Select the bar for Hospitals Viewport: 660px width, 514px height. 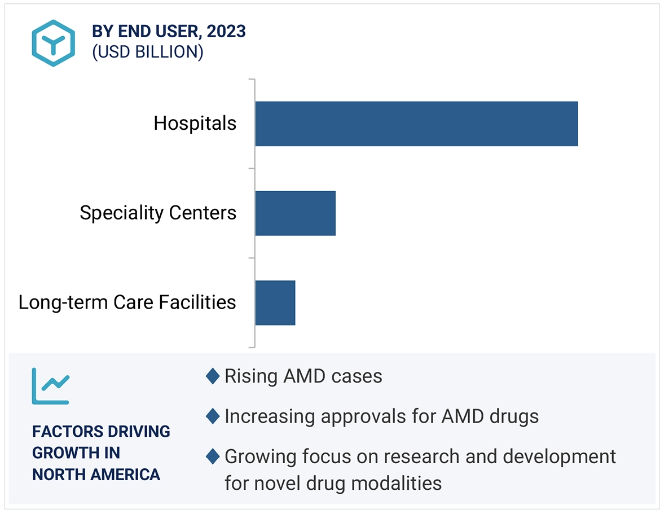click(416, 124)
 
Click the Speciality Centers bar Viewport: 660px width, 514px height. click(295, 213)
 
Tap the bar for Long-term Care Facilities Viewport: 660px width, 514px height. click(275, 302)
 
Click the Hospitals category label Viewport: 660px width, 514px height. click(195, 123)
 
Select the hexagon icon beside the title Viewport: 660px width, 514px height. click(53, 43)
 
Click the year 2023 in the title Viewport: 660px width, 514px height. click(226, 32)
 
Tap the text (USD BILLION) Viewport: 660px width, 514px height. click(147, 52)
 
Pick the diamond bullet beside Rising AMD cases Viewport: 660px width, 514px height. click(213, 376)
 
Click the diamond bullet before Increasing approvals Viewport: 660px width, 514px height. click(213, 416)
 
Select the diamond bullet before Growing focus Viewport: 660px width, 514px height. click(213, 456)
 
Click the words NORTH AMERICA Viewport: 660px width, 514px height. click(96, 474)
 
